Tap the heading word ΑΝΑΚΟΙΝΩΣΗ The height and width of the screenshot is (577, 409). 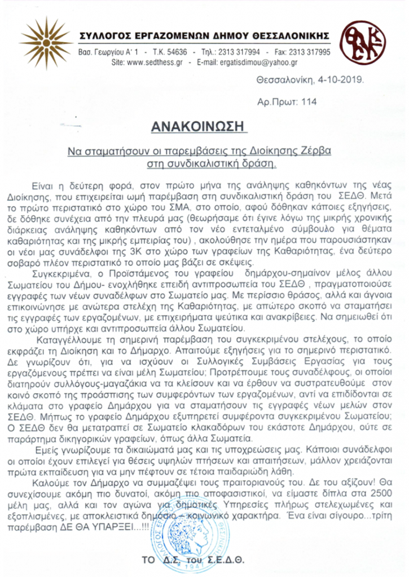(x=200, y=126)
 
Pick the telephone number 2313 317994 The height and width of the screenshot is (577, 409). (x=240, y=52)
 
